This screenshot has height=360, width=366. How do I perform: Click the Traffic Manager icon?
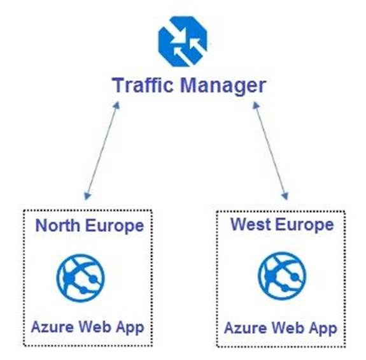pos(183,41)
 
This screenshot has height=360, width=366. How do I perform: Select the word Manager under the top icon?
pos(223,87)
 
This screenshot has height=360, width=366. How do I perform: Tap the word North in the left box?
pos(58,226)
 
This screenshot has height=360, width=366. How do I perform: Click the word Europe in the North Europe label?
pos(115,227)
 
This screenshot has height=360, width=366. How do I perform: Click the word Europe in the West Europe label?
pos(304,226)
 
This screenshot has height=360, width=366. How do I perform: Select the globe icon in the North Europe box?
pos(81,278)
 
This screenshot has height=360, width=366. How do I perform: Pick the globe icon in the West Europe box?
pos(282,276)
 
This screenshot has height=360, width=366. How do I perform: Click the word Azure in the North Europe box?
pos(52,327)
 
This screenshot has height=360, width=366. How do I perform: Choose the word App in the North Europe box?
pos(130,328)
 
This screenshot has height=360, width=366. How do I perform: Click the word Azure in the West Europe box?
pos(245,328)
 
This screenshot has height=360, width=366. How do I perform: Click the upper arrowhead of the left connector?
pos(116,105)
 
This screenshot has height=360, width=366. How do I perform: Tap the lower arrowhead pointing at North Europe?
pos(87,196)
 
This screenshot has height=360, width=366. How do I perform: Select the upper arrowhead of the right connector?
pos(256,105)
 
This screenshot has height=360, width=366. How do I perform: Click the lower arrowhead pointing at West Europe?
pos(285,196)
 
